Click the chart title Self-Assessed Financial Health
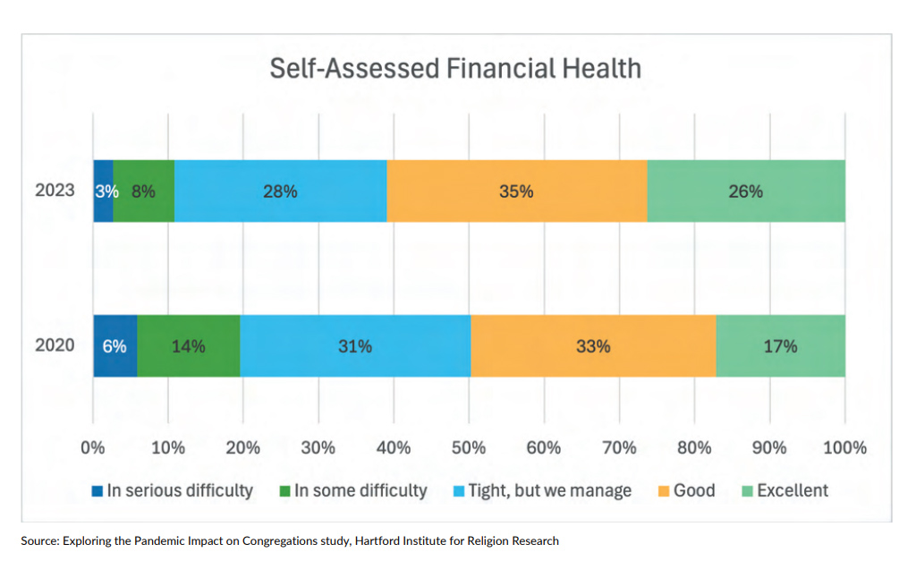[455, 69]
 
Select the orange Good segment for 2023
[516, 191]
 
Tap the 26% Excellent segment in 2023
[745, 191]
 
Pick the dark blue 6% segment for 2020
[114, 346]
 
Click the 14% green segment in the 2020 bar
[188, 346]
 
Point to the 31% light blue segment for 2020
[355, 346]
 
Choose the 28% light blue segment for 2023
[280, 191]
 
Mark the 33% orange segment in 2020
[593, 346]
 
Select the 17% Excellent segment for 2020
[780, 346]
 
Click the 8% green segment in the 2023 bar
[143, 191]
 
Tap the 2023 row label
[54, 191]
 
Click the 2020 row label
[54, 346]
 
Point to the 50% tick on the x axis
[469, 448]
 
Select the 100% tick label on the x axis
[844, 448]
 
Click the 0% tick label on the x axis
[93, 448]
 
